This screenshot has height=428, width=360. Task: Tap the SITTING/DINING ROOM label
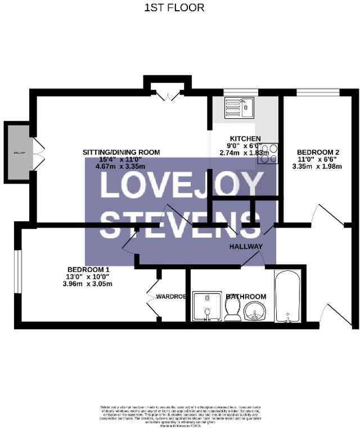point(121,152)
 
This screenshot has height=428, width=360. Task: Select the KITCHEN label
point(245,139)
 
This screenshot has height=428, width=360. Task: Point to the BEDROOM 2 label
point(318,152)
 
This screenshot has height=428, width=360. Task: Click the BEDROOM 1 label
point(88,269)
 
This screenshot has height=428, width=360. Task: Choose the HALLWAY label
point(246,247)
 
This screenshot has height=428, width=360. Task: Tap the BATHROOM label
point(246,297)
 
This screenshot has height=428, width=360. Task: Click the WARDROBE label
point(171,296)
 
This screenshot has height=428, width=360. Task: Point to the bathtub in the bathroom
point(287,296)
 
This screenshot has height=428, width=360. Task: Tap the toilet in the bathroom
point(232,309)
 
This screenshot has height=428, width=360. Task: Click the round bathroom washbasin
point(256,310)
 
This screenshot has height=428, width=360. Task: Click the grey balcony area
point(18,153)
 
